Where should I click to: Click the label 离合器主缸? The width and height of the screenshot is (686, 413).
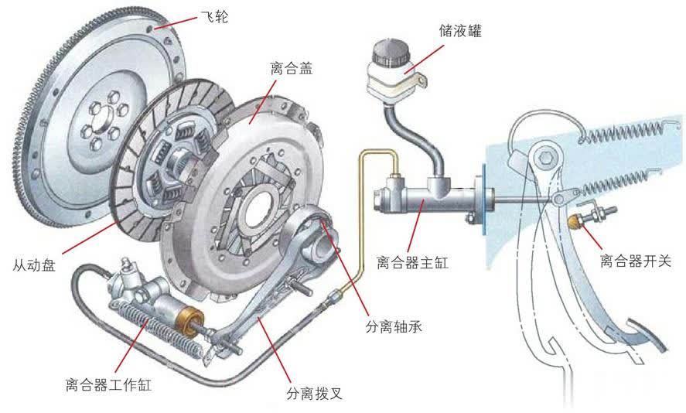[x=411, y=263]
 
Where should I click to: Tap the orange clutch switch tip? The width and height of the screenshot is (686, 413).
[x=574, y=223]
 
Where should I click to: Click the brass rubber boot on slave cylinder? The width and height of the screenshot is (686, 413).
[x=188, y=319]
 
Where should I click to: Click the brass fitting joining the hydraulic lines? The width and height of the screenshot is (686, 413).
[x=334, y=295]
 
